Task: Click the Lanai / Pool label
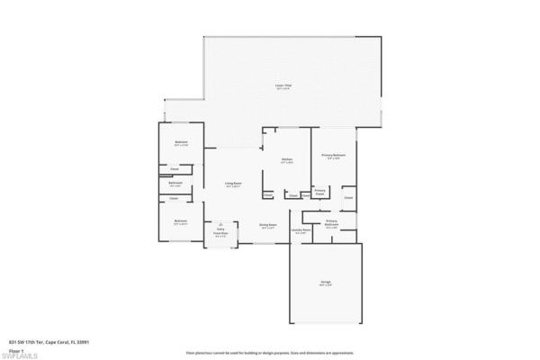[x=283, y=85]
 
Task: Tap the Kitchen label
[x=286, y=160]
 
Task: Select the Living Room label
[x=232, y=184]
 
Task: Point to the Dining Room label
[x=268, y=225]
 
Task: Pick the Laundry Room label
[x=301, y=229]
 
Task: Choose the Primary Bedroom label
[x=334, y=156]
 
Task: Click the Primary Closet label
[x=319, y=192]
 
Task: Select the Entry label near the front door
[x=220, y=229]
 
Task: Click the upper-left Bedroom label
[x=181, y=143]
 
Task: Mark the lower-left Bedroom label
[x=181, y=220]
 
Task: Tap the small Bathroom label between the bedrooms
[x=175, y=183]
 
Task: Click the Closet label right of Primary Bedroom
[x=348, y=197]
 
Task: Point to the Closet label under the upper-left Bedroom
[x=175, y=168]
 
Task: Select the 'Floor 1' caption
[x=16, y=349]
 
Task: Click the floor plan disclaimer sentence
[x=270, y=354]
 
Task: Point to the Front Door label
[x=220, y=233]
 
